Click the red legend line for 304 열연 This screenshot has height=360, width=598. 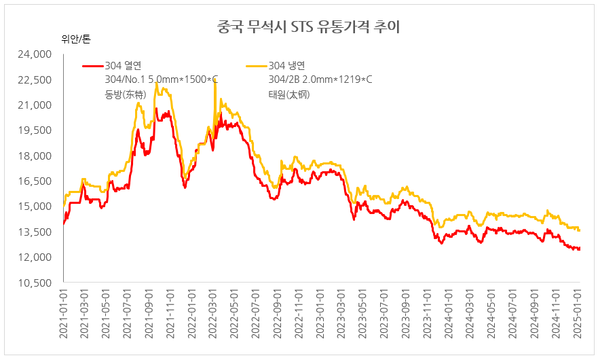(92, 66)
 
